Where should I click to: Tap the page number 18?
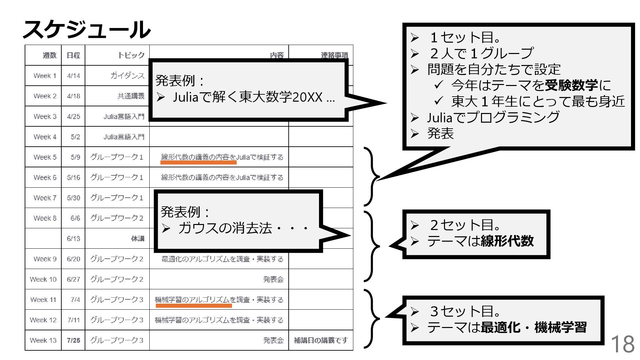(x=622, y=344)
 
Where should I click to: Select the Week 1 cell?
(x=45, y=76)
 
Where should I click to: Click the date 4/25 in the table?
(x=73, y=116)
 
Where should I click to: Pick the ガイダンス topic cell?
(x=127, y=76)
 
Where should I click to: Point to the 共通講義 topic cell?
(x=131, y=96)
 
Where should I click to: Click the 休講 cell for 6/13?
(x=138, y=239)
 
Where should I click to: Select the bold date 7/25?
(x=73, y=340)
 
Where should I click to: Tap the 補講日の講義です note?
(x=321, y=340)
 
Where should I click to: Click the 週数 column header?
(x=49, y=55)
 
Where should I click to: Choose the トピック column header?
(x=131, y=55)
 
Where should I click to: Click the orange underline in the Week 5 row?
(x=198, y=163)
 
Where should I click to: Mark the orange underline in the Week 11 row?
(x=194, y=305)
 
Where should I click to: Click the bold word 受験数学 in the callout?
(x=571, y=86)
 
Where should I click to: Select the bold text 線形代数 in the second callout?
(x=507, y=241)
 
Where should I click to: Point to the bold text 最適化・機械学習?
(x=533, y=327)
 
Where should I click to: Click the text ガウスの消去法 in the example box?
(x=225, y=228)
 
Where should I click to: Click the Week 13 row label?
(x=43, y=340)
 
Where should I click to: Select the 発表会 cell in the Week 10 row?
(x=273, y=279)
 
